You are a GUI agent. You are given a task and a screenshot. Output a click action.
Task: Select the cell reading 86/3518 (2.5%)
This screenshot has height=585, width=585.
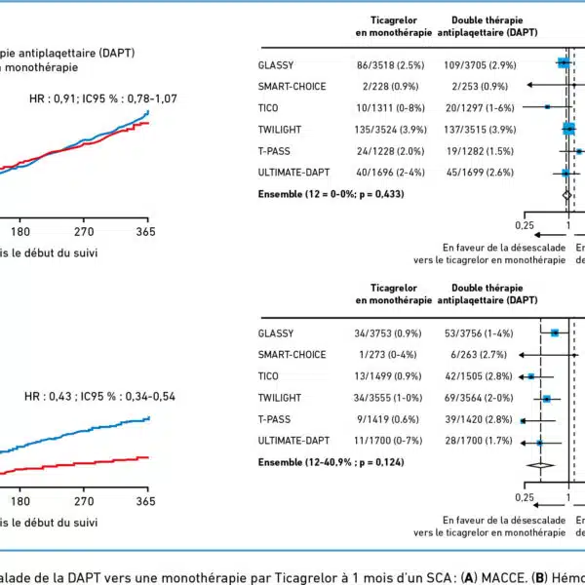[385, 63]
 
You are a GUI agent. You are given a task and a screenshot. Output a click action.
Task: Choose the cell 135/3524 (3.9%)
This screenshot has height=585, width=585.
[385, 129]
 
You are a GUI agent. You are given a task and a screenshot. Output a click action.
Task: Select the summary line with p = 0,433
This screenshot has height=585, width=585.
[331, 194]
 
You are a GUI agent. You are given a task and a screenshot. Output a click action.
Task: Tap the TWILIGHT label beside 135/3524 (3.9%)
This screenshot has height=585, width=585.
[280, 129]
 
